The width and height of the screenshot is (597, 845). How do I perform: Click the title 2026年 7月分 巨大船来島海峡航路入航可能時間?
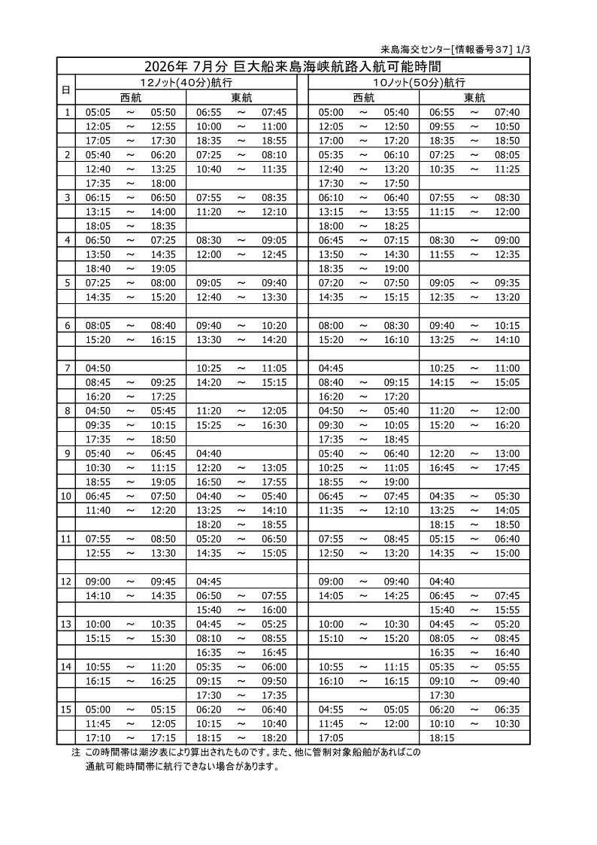293,66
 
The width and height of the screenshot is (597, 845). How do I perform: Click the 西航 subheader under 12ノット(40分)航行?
131,97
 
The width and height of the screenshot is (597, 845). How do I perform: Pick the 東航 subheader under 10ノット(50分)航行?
474,97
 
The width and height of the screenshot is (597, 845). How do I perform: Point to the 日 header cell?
66,90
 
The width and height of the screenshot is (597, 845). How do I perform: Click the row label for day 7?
67,368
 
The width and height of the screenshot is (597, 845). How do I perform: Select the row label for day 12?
66,581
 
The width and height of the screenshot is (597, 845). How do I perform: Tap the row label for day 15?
66,709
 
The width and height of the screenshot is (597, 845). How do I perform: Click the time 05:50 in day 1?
163,112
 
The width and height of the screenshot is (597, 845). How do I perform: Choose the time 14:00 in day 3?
163,211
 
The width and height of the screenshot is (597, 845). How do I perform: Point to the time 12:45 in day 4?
274,254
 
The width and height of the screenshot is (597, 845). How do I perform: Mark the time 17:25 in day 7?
163,396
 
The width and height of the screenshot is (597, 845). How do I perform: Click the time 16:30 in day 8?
274,424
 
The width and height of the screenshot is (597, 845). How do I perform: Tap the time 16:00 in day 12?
274,609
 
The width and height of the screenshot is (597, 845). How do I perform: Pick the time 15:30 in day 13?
163,638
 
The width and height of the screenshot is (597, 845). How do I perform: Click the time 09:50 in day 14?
274,680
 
